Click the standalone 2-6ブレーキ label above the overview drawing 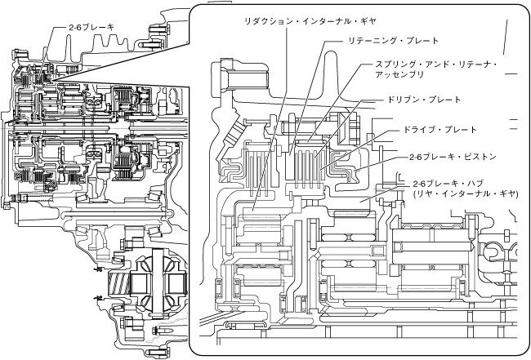tap(91, 28)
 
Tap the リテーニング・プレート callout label tap(393, 40)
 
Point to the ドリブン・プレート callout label tap(424, 100)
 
